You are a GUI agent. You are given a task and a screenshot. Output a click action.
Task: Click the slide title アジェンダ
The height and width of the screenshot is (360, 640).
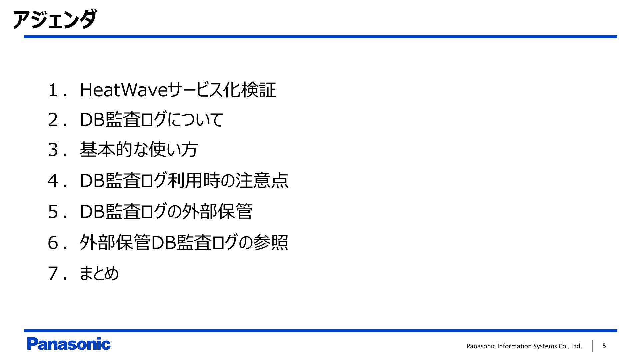[55, 20]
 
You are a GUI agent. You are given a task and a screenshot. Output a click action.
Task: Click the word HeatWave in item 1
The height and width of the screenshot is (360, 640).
[123, 90]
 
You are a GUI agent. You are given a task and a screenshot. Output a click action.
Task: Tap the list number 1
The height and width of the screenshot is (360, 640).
[53, 90]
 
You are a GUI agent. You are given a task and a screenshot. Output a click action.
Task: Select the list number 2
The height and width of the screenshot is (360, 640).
[53, 120]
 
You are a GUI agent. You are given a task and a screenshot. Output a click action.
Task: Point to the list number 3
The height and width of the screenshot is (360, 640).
[53, 150]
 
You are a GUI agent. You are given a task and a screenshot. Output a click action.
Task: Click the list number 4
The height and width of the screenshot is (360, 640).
[53, 181]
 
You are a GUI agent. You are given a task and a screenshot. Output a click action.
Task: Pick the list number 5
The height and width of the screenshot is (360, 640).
[53, 212]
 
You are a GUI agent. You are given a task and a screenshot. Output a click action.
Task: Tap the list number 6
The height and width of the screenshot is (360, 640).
[53, 243]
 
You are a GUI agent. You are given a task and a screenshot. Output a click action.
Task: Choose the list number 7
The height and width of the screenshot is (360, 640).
[53, 274]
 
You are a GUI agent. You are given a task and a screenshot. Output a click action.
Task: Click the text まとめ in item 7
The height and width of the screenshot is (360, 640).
[99, 273]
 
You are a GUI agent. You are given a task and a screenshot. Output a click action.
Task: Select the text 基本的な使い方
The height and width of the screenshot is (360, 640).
[139, 149]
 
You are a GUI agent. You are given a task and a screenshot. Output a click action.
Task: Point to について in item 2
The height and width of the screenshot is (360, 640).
[195, 119]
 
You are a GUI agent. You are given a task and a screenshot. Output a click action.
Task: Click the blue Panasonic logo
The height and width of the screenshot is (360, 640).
[69, 344]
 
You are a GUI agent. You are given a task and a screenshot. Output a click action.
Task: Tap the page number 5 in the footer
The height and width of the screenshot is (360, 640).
[604, 346]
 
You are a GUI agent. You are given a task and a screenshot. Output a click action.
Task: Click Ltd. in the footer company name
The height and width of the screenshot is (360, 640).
[576, 346]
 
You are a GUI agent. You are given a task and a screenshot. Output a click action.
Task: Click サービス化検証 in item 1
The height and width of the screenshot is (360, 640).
[221, 90]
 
